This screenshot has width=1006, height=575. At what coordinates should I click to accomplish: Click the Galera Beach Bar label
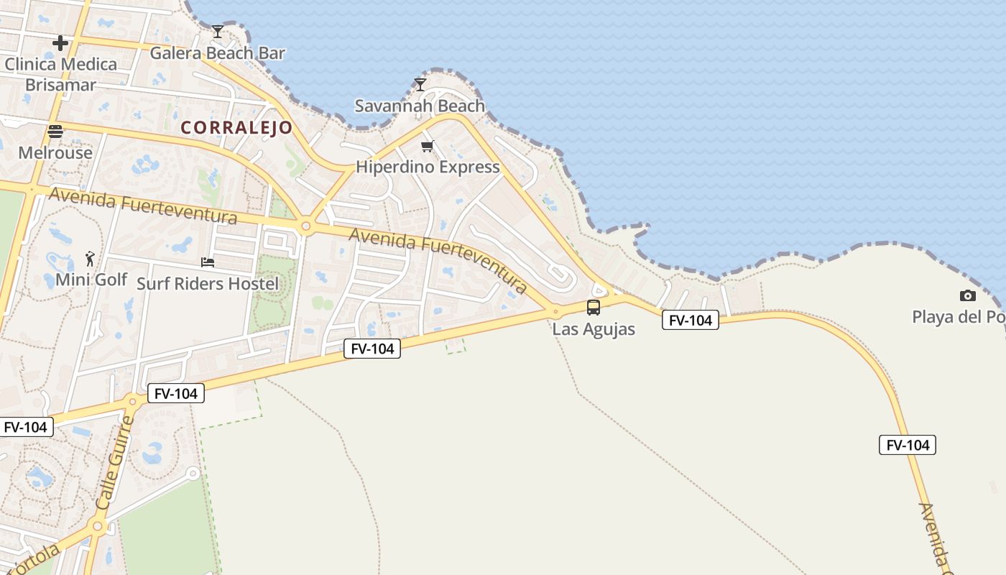[x=217, y=53]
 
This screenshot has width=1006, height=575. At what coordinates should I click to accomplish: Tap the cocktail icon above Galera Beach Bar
[x=218, y=31]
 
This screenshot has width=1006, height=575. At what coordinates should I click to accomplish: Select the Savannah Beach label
[x=420, y=106]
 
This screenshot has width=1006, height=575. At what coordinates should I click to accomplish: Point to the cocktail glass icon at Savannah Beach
[x=420, y=85]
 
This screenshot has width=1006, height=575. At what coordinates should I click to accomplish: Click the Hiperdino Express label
[x=428, y=167]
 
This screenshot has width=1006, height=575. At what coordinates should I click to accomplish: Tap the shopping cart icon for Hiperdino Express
[x=428, y=147]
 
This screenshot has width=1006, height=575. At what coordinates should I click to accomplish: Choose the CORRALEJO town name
[x=236, y=128]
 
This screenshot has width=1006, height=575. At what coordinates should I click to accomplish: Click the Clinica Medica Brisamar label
[x=60, y=75]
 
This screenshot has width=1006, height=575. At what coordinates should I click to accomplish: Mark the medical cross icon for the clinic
[x=60, y=43]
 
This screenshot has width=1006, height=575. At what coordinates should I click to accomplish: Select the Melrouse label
[x=55, y=153]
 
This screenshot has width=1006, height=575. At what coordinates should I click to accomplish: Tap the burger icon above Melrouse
[x=55, y=132]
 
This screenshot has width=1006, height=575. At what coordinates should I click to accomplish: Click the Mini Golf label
[x=91, y=280]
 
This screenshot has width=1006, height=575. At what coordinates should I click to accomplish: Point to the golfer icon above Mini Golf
[x=90, y=258]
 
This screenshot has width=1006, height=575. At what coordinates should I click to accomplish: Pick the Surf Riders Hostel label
[x=208, y=284]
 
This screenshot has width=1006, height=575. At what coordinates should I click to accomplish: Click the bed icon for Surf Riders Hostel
[x=208, y=262]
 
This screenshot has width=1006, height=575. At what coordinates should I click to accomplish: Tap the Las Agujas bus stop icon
[x=594, y=308]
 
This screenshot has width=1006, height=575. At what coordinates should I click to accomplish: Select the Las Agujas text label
[x=594, y=329]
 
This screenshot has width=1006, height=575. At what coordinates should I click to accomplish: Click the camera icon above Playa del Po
[x=968, y=295]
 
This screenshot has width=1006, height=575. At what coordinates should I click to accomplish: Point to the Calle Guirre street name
[x=115, y=463]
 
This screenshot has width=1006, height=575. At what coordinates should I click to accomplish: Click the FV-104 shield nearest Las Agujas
[x=690, y=321]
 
